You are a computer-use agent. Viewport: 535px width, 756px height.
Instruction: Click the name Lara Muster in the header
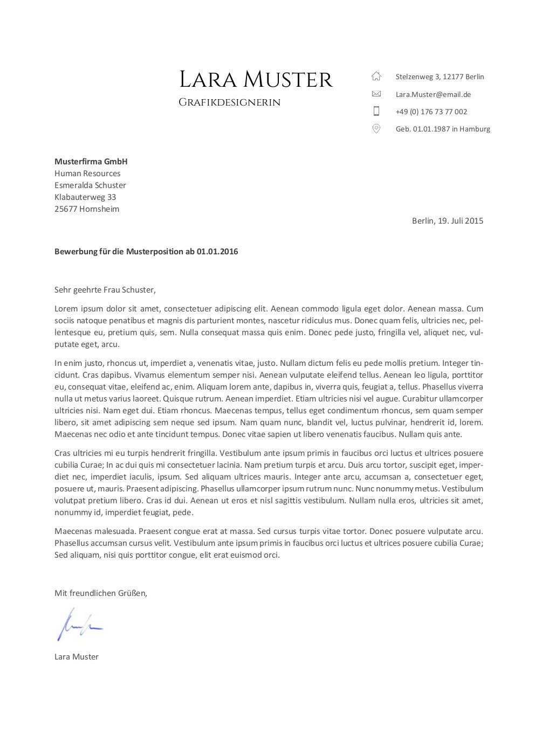(256, 80)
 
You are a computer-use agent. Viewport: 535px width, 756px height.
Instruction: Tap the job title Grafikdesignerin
(229, 102)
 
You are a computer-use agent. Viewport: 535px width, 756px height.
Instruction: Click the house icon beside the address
(376, 76)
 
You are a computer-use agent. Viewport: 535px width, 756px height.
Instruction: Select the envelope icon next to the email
(376, 94)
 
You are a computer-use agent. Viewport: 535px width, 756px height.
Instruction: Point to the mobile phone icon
(376, 111)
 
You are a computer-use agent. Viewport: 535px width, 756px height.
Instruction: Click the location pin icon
(376, 128)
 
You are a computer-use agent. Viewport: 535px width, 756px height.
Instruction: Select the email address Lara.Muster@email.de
(433, 94)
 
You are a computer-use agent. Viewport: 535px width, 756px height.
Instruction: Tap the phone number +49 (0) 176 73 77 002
(431, 112)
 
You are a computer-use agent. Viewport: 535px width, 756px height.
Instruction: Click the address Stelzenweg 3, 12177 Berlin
(440, 77)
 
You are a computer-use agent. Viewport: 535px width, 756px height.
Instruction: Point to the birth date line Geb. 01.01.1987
(443, 129)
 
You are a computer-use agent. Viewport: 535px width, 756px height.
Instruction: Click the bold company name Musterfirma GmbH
(91, 162)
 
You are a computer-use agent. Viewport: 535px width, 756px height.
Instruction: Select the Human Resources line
(87, 174)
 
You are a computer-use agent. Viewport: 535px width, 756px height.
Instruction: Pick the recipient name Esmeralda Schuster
(90, 185)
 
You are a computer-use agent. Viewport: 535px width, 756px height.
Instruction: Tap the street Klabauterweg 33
(85, 197)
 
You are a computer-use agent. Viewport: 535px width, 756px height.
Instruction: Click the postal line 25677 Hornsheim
(87, 209)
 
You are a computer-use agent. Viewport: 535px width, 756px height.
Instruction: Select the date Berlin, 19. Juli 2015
(447, 220)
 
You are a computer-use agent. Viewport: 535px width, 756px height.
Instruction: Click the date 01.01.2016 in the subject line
(217, 252)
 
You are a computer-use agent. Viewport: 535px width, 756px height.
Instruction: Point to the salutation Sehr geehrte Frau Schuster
(105, 290)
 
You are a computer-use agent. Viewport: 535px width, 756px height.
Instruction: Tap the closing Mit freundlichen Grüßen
(100, 593)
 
